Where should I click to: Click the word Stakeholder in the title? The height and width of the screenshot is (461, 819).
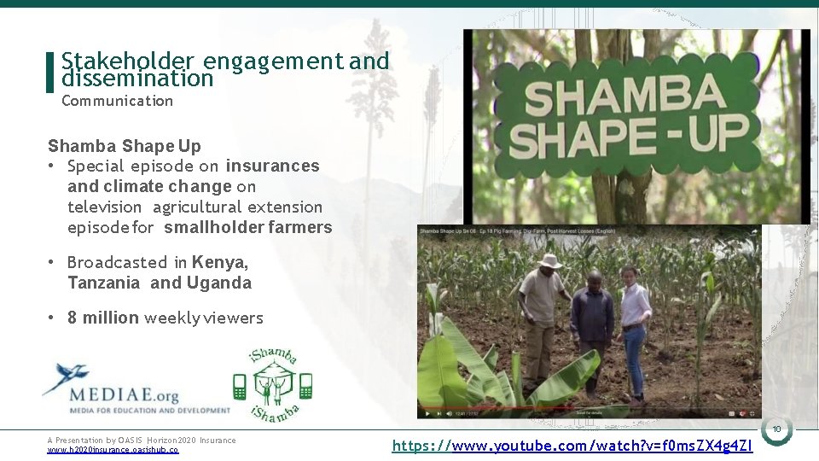click(128, 61)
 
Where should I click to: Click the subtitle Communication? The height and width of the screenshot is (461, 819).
click(117, 101)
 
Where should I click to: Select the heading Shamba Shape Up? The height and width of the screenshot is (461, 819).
click(125, 145)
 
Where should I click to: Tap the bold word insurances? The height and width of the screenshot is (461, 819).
click(272, 166)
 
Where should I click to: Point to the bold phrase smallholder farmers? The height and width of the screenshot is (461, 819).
click(247, 227)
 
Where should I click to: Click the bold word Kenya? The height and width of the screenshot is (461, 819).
click(219, 262)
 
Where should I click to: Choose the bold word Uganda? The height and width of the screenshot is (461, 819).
click(218, 283)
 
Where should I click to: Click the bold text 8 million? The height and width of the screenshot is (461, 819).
click(103, 318)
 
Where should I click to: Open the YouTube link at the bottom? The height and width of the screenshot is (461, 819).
click(572, 445)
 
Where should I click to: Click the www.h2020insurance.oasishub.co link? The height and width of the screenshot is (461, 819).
click(113, 450)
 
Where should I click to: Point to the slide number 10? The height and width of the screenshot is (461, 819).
click(776, 429)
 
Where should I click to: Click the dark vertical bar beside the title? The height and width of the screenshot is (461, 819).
click(49, 72)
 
